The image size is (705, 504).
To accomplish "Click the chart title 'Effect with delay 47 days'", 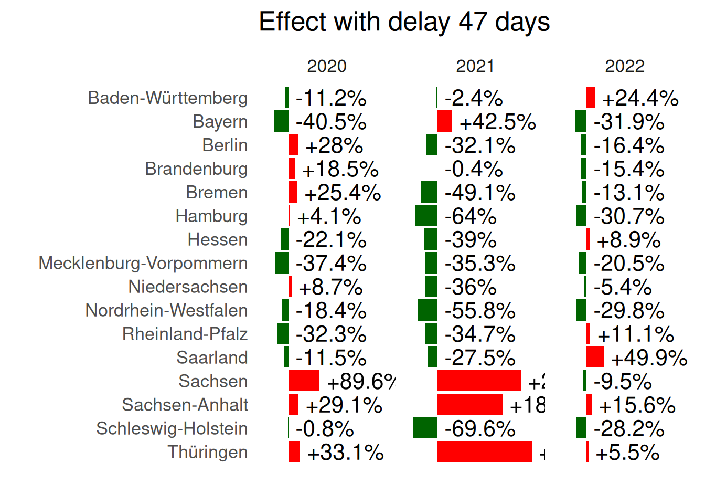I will (x=404, y=22).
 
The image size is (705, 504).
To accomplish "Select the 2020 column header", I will (x=326, y=67).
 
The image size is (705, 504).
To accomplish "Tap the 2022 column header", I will (x=624, y=67).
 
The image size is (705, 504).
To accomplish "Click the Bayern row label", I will (x=220, y=122).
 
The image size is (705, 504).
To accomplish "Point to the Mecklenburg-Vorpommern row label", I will (x=143, y=264).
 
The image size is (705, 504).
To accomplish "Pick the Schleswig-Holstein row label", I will (x=172, y=429).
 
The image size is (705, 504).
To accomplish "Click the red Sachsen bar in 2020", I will (x=304, y=381).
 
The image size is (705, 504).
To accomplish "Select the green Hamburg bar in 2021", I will (x=426, y=216).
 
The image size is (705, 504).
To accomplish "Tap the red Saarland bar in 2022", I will (x=595, y=358).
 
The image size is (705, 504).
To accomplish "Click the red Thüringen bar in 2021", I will (x=484, y=452).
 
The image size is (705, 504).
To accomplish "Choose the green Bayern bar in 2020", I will (x=281, y=121).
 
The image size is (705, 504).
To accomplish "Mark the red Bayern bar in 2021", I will (x=445, y=121).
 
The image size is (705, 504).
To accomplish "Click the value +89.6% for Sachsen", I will (x=361, y=382).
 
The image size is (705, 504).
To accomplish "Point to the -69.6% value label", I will (x=480, y=429).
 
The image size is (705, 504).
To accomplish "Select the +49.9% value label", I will (x=649, y=358).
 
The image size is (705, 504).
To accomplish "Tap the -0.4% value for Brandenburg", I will (x=474, y=169).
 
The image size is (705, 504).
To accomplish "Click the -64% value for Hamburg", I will (x=471, y=216).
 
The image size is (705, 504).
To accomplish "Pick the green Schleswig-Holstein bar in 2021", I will (x=425, y=428).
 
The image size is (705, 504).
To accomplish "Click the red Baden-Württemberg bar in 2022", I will (x=591, y=98).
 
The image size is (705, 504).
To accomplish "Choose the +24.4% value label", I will (x=640, y=98).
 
